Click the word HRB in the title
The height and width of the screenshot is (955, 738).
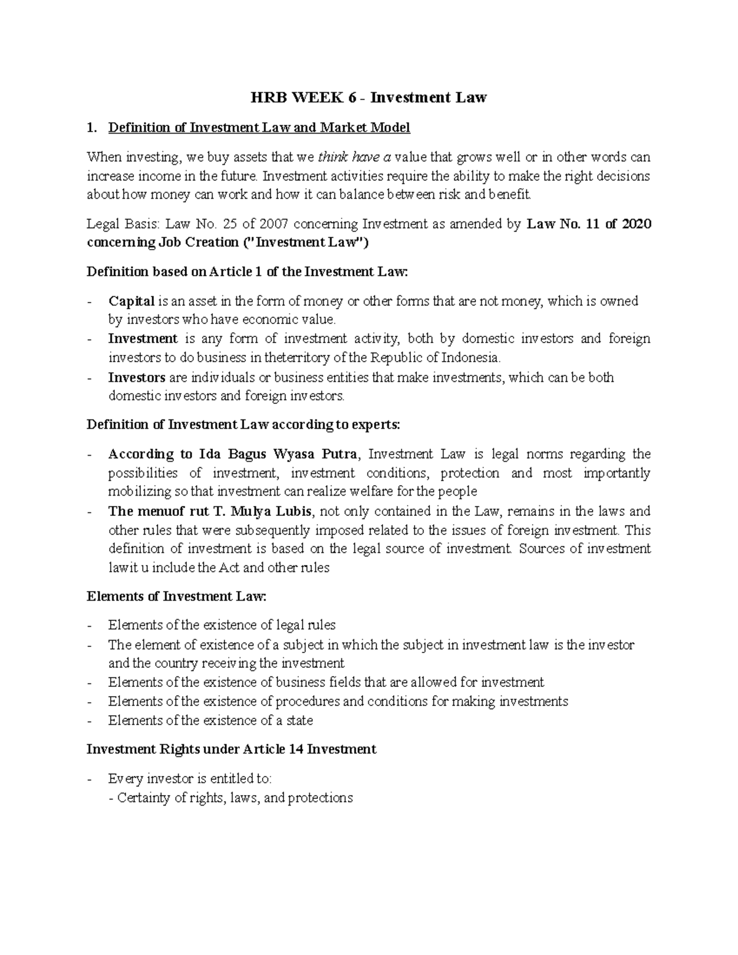267,97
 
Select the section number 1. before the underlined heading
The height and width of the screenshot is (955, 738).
92,128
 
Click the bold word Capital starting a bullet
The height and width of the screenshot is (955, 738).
132,301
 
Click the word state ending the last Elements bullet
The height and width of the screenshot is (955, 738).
300,720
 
